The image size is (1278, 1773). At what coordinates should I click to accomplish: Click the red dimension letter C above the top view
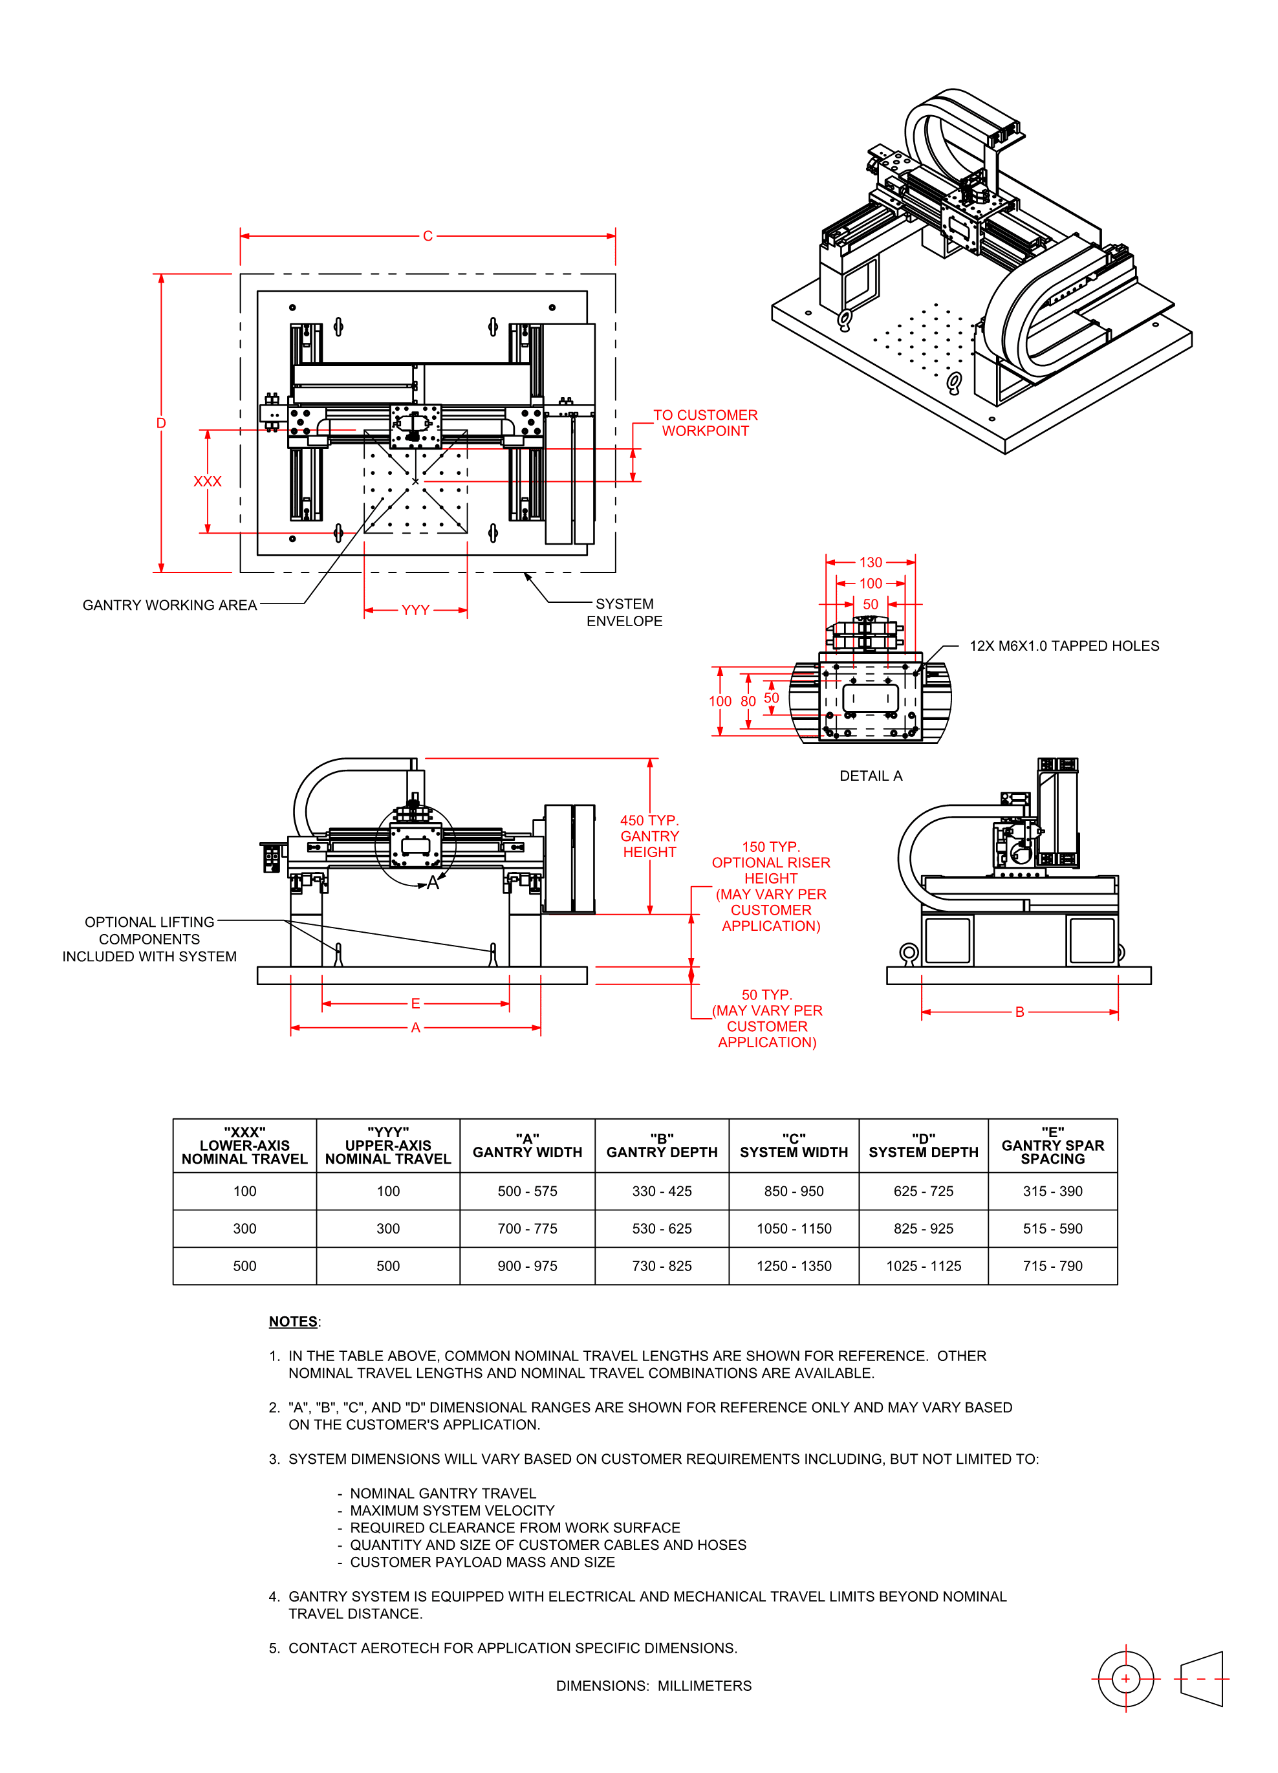(428, 236)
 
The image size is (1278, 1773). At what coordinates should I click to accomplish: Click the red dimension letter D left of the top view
(161, 423)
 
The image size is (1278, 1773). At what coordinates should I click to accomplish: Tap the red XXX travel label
(207, 481)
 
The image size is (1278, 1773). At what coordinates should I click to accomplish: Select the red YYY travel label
(415, 610)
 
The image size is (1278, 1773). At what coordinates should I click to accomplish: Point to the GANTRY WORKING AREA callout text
(169, 605)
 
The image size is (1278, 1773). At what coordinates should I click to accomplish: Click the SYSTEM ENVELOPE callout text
(625, 612)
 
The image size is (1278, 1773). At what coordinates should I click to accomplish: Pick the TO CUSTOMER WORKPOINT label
(705, 423)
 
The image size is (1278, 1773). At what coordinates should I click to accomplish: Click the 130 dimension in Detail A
(870, 562)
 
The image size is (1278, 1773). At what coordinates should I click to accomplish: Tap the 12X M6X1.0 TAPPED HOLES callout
(1064, 646)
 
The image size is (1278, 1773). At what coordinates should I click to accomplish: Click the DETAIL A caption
(870, 776)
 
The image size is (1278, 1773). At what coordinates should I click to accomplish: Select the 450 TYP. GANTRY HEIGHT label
(649, 836)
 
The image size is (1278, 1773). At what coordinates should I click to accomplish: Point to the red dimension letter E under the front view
(415, 1003)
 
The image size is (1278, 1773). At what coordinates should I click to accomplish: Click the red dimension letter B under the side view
(1019, 1012)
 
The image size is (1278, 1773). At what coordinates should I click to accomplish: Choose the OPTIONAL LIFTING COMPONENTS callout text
(149, 939)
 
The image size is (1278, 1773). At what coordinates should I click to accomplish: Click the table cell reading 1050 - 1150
(794, 1228)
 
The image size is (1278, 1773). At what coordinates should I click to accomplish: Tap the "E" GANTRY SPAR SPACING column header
(1052, 1146)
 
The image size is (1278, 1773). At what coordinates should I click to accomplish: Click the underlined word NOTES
(293, 1321)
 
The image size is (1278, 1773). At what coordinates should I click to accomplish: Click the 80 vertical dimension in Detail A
(748, 701)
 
